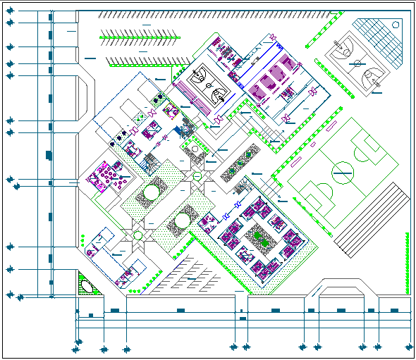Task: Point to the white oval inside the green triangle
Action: (87, 286)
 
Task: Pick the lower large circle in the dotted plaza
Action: (182, 220)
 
